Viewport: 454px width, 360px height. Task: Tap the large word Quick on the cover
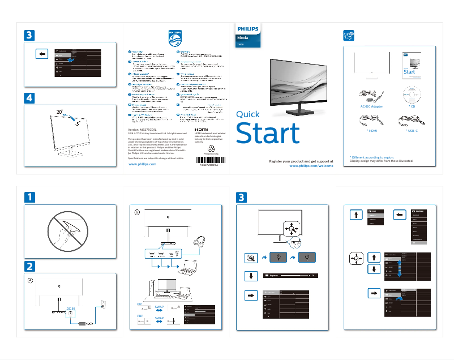(249, 114)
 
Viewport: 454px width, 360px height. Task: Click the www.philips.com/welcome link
(311, 166)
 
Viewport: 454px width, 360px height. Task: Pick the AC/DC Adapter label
(371, 106)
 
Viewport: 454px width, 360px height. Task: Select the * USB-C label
(412, 131)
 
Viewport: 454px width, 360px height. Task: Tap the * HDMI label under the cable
(371, 131)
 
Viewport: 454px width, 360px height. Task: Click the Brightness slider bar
(289, 276)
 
